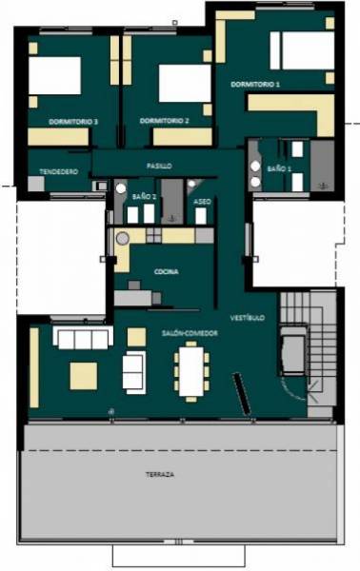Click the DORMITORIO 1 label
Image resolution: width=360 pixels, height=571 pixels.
[255, 84]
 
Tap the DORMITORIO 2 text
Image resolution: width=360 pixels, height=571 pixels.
[164, 121]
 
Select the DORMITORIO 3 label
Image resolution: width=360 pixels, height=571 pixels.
[73, 122]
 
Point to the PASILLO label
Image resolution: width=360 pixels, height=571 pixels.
[159, 166]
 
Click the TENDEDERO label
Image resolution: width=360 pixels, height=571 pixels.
[59, 171]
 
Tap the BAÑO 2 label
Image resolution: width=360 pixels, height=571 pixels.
[145, 196]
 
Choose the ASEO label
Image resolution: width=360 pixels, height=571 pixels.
[202, 202]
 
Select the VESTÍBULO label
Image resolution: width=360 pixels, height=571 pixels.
[248, 318]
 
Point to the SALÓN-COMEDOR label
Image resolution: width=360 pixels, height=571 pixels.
[190, 333]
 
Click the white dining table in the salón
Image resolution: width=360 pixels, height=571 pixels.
[190, 371]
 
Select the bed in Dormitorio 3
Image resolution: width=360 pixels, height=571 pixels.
[54, 75]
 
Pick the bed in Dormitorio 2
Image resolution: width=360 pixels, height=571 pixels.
[185, 84]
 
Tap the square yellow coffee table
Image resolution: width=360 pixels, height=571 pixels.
[84, 376]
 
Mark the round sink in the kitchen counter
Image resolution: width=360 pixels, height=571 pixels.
[123, 239]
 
